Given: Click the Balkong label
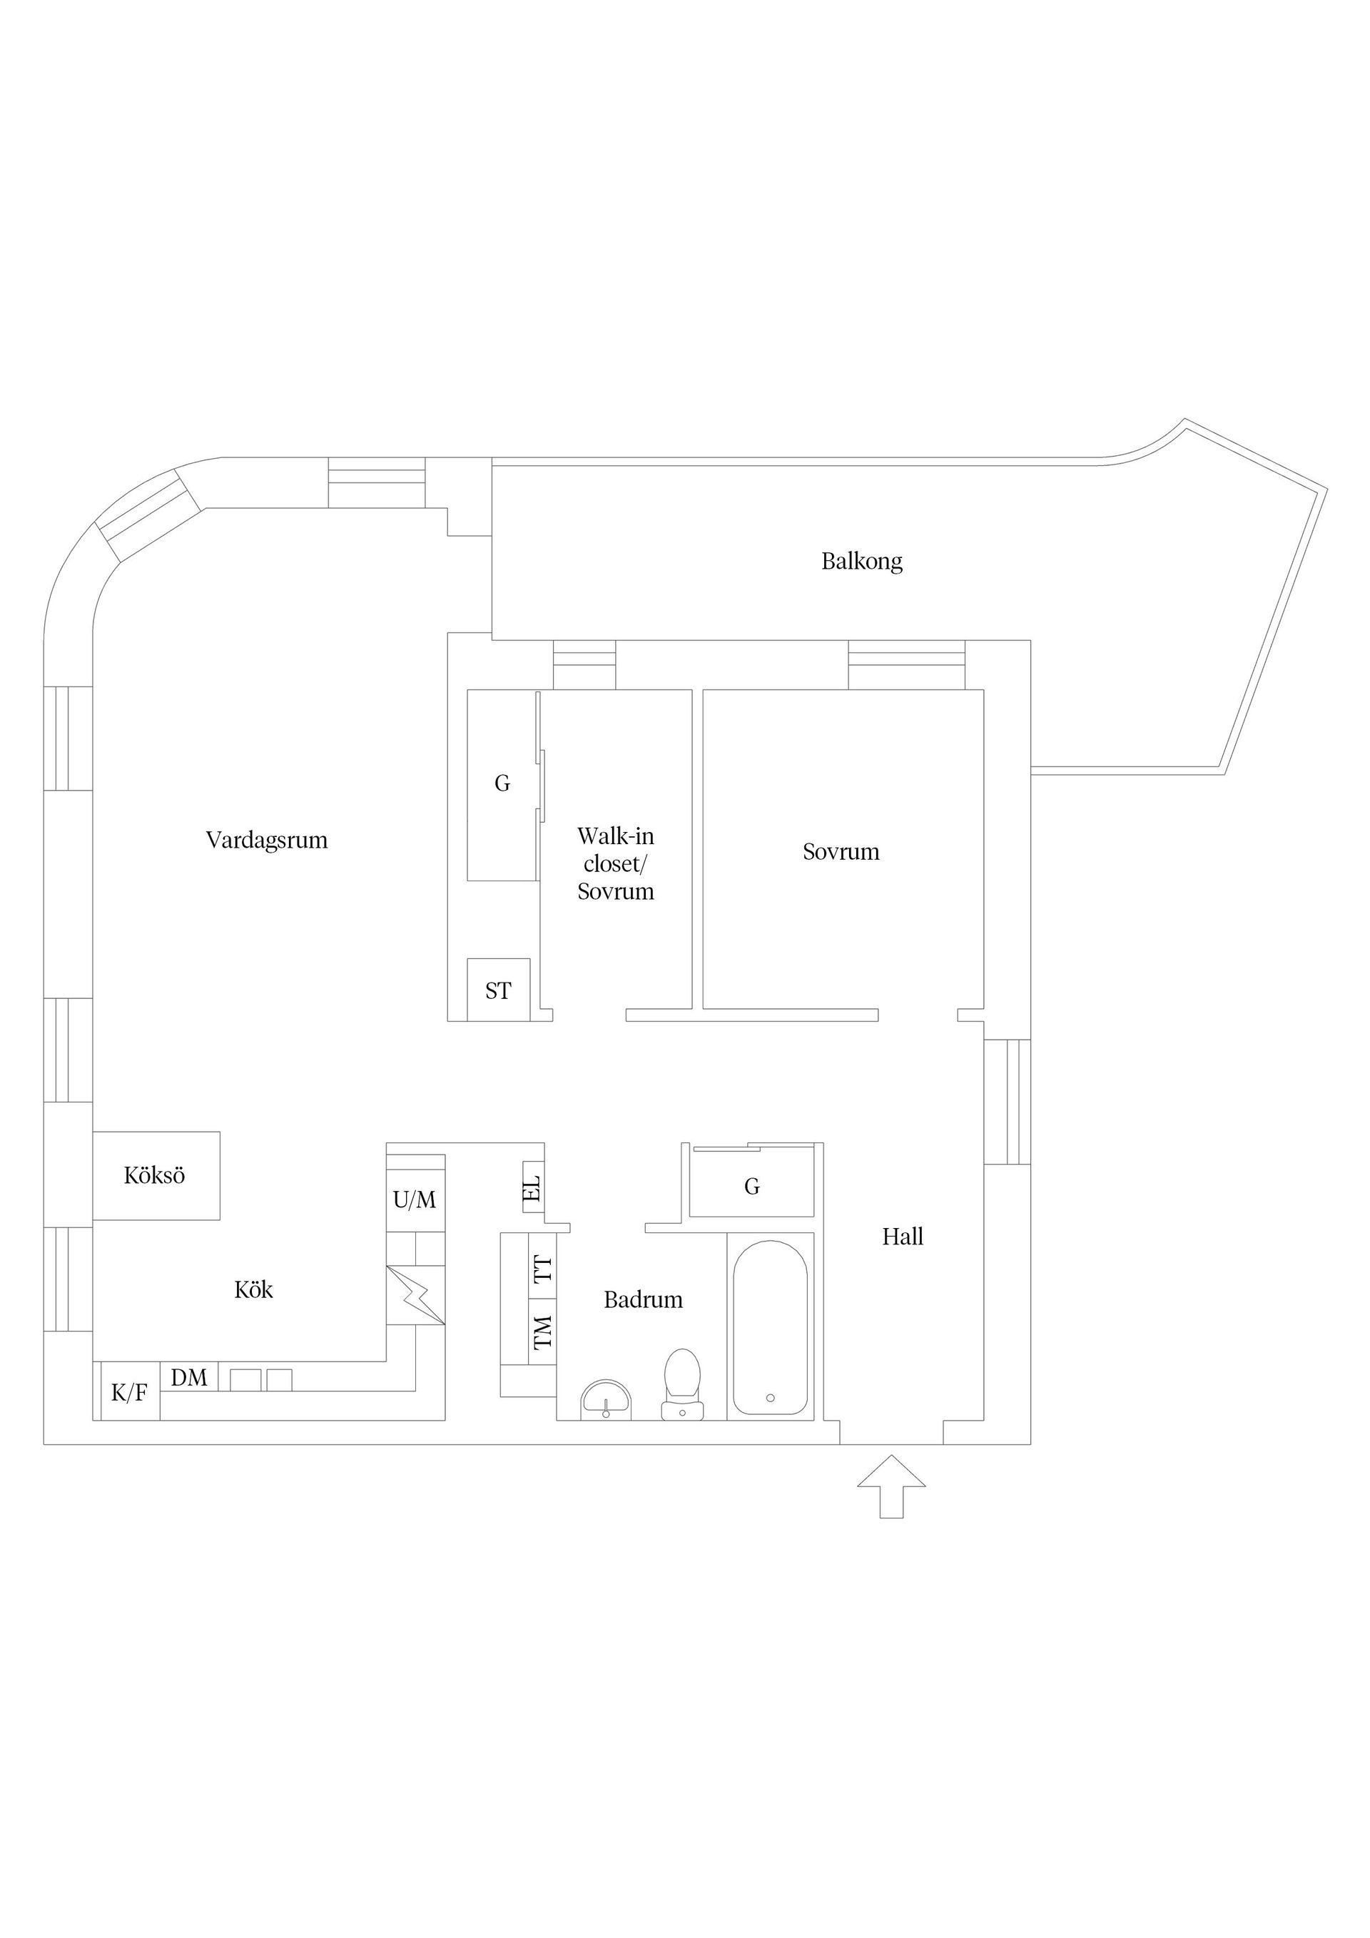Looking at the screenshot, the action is point(862,562).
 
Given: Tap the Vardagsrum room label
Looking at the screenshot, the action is point(267,840).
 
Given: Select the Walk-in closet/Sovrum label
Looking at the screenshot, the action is point(615,863).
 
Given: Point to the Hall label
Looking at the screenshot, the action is point(903,1237).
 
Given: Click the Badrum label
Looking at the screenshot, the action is point(643,1299).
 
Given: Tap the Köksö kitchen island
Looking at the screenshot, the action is point(156,1175).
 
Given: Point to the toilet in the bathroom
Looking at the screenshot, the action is point(682,1384).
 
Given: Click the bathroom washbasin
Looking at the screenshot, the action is point(606,1401).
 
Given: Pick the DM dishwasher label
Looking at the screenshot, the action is point(189,1378).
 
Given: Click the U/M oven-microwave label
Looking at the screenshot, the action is point(415,1199).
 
